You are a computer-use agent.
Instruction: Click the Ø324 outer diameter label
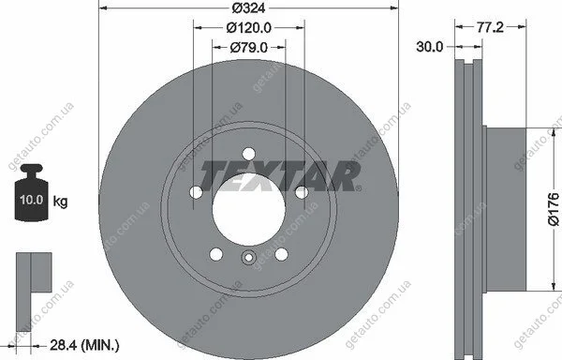pos(248,7)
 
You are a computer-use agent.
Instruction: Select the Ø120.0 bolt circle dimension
pos(249,27)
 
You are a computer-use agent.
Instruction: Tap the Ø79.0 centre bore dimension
pos(249,47)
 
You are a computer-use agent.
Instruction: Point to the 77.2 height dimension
pos(490,27)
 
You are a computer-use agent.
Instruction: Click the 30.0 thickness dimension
pos(429,47)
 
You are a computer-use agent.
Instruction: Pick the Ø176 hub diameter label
pos(554,209)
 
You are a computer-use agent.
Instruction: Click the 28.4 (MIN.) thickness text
pos(84,345)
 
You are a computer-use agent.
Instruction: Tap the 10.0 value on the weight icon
pos(32,200)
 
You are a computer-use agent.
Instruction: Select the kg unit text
pos(60,202)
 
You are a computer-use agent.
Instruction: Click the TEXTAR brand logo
pos(280,176)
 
